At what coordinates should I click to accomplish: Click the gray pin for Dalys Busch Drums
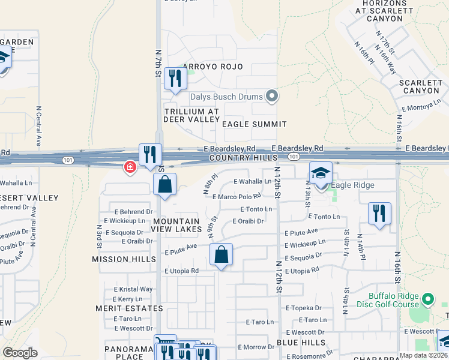click(x=273, y=96)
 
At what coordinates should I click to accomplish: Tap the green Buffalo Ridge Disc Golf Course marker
click(x=428, y=299)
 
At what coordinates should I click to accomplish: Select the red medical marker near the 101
click(x=129, y=167)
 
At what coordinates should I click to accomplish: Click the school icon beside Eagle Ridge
click(x=321, y=173)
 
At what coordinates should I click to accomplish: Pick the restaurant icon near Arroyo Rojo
click(x=175, y=79)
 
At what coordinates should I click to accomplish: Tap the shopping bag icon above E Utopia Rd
click(x=221, y=254)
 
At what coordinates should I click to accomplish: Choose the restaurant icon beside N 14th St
click(x=379, y=214)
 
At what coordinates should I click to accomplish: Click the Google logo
click(x=20, y=353)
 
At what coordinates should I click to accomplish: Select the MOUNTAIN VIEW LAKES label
click(x=170, y=225)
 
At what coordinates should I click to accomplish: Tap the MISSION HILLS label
click(x=119, y=259)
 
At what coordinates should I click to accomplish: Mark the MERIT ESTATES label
click(x=129, y=308)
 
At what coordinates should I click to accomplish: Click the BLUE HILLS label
click(x=301, y=342)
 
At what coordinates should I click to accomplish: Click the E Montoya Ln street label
click(x=422, y=107)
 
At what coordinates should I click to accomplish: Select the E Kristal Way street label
click(x=133, y=289)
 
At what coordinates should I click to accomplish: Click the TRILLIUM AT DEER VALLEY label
click(x=192, y=115)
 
